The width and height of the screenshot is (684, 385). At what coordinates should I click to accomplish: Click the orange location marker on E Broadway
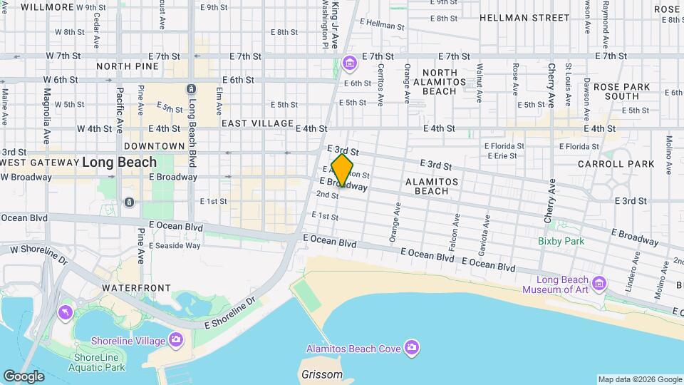click(342, 171)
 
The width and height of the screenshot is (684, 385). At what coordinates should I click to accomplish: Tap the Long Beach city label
click(119, 163)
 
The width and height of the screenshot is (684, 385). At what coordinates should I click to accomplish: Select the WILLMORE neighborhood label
click(48, 7)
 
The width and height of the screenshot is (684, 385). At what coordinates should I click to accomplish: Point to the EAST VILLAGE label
click(257, 123)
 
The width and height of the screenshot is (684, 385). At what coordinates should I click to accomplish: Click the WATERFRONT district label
click(136, 288)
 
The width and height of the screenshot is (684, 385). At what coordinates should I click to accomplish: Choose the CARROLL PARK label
click(626, 164)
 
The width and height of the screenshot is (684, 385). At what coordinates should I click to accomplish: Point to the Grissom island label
click(318, 374)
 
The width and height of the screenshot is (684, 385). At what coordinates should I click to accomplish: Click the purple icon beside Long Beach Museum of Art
click(598, 284)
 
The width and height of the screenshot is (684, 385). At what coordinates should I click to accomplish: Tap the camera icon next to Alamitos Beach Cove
click(411, 348)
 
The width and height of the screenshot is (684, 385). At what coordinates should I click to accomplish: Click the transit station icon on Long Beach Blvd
click(191, 89)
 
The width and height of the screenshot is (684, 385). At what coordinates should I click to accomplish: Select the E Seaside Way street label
click(173, 246)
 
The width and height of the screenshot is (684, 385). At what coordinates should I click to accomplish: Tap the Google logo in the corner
click(23, 376)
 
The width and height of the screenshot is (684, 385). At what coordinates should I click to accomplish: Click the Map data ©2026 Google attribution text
click(639, 379)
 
